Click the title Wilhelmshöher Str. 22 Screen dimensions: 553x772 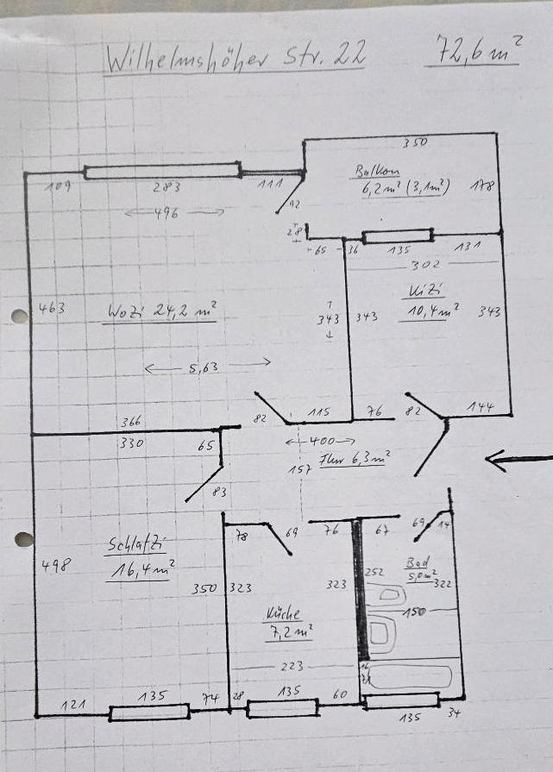pos(233,58)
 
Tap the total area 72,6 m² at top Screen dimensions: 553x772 pos(471,51)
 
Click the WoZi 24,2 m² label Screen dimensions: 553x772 pos(161,310)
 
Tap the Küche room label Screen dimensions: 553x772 pos(283,614)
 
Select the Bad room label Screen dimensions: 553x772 pos(418,562)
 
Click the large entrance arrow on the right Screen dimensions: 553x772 pos(518,460)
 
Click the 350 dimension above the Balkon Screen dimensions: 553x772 pos(416,143)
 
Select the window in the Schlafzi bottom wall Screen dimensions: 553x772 pos(149,712)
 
